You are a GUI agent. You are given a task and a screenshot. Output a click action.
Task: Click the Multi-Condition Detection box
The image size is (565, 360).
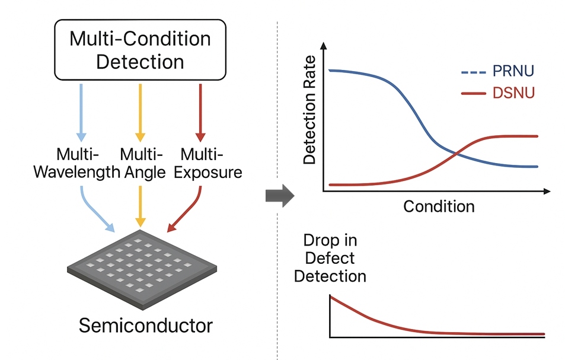tap(140, 50)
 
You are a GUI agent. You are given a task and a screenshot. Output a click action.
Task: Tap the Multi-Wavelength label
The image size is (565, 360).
tap(76, 164)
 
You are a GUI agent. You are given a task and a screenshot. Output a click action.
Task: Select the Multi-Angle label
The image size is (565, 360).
tap(141, 164)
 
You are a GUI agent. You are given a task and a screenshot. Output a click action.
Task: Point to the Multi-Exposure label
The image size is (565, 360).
tap(203, 164)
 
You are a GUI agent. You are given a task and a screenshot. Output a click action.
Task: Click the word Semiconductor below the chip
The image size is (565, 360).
tap(145, 325)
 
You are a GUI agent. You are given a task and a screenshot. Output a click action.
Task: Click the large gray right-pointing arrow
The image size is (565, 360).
tap(279, 195)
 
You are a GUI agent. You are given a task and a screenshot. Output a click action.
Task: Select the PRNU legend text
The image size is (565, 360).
tap(513, 72)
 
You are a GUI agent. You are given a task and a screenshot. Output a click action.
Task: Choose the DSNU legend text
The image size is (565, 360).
tap(513, 93)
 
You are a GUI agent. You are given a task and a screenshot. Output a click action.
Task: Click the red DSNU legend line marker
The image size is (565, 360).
tap(473, 94)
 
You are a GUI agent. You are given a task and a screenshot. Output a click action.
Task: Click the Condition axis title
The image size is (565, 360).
tap(439, 206)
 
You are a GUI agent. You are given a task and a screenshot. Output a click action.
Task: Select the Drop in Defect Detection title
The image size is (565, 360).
tap(330, 258)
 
